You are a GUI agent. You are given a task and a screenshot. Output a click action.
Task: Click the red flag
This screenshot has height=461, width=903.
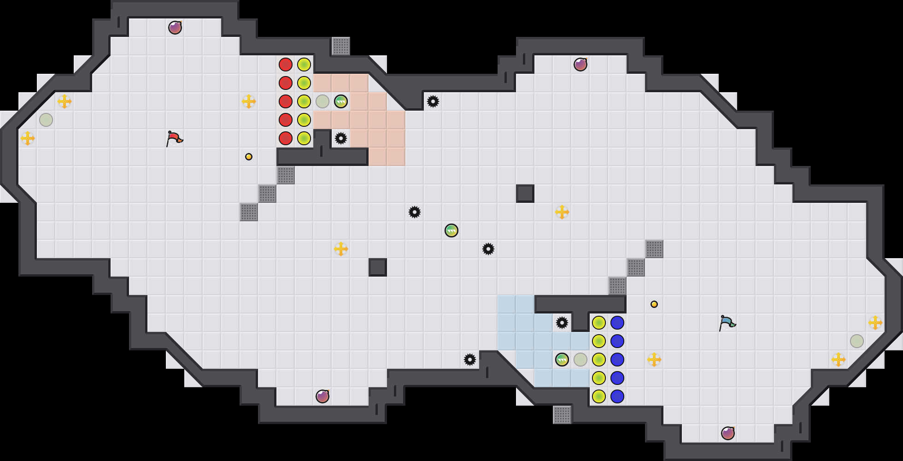[x=174, y=138]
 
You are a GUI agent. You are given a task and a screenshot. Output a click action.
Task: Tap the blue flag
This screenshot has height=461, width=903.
[x=727, y=322]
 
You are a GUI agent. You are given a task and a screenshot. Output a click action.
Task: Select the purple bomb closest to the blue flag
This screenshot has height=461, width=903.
[x=728, y=433]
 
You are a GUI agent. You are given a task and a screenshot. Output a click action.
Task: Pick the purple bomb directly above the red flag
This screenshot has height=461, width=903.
[x=175, y=28]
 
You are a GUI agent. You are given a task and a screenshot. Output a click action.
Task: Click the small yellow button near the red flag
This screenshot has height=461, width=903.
[x=249, y=157]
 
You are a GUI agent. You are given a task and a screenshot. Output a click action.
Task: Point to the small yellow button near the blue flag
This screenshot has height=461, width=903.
[x=654, y=304]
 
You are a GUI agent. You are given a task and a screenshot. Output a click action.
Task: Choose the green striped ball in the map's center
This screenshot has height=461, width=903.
[x=451, y=230]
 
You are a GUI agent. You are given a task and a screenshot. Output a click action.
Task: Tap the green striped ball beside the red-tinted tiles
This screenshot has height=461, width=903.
[x=341, y=101]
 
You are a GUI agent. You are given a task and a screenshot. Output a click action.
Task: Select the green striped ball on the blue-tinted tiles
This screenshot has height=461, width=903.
[x=562, y=360]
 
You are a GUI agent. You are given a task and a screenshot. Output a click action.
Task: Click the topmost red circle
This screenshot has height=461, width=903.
[x=286, y=65]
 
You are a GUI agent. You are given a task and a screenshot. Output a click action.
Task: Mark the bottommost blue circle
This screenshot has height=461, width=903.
[x=617, y=396]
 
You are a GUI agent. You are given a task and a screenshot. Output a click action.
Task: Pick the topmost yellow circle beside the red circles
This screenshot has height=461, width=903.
[x=304, y=65]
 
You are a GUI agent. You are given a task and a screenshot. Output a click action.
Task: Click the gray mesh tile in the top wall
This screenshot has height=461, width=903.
[x=341, y=46]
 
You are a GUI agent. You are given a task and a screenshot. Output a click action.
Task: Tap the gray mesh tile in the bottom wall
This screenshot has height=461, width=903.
[x=562, y=415]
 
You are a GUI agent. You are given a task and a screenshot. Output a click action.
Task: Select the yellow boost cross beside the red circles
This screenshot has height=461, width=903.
[x=249, y=101]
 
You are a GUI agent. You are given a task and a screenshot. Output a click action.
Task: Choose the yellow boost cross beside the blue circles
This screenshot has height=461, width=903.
[x=654, y=360]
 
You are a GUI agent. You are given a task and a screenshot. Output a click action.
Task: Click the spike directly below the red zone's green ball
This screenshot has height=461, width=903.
[x=341, y=138]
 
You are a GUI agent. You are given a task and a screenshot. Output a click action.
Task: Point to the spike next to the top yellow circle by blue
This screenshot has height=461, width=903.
[x=562, y=323]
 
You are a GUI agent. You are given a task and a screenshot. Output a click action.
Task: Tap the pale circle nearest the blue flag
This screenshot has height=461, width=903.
[x=857, y=341]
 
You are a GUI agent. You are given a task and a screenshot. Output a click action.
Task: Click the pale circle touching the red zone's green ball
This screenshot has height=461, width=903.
[x=322, y=101]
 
